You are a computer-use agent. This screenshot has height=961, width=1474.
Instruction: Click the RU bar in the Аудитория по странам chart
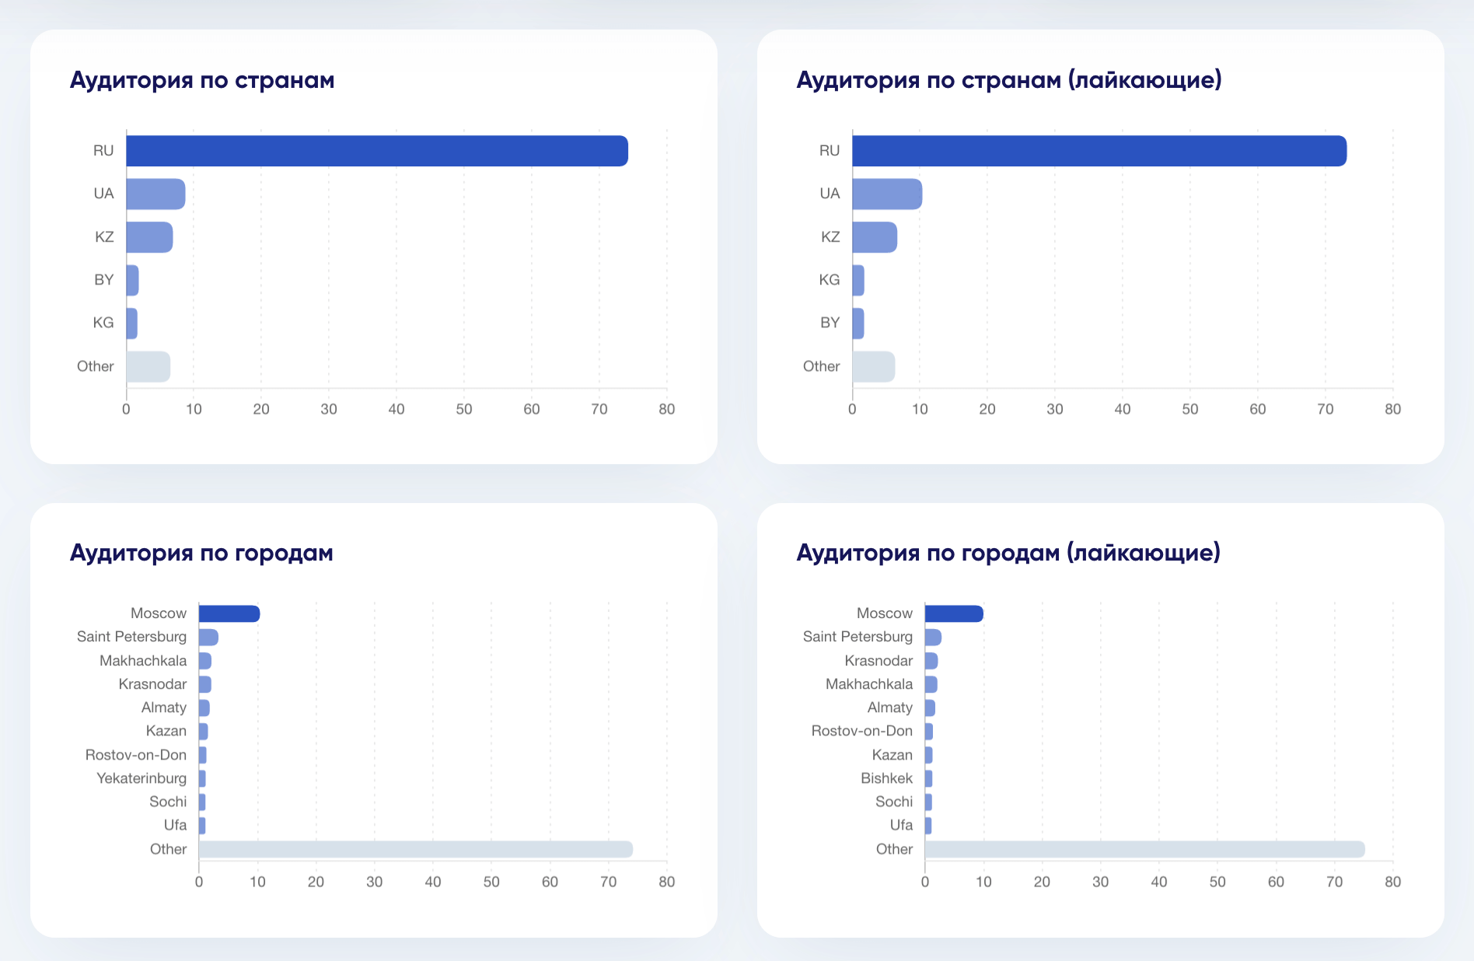point(376,151)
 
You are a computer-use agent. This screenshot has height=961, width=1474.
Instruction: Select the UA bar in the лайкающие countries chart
point(886,194)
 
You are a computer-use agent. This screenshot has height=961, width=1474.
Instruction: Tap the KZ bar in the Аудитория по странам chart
point(149,237)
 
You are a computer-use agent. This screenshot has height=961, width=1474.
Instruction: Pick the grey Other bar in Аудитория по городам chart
point(415,849)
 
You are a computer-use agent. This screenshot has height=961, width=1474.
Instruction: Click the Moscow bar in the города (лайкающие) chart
point(953,613)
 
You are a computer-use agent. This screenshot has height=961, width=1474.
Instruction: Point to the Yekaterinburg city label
point(141,778)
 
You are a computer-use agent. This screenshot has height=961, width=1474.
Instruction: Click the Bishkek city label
point(886,778)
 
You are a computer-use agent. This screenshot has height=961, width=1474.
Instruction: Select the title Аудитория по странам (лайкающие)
point(1008,80)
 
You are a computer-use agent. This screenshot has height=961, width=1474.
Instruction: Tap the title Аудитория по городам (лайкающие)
point(1008,553)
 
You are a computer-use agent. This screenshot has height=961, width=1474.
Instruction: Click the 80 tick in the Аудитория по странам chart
point(666,409)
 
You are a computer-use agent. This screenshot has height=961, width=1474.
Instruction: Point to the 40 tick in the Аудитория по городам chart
point(433,882)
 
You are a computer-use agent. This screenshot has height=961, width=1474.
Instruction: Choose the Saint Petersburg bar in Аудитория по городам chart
point(208,638)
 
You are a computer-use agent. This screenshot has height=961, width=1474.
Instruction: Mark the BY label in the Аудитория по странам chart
point(104,280)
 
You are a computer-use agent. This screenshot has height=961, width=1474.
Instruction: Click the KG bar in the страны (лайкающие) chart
point(858,280)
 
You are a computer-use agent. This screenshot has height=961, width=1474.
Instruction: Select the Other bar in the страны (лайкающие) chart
point(873,367)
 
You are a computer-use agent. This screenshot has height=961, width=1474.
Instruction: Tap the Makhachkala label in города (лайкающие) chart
point(868,684)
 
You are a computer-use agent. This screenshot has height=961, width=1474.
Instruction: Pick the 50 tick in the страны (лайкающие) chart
point(1189,409)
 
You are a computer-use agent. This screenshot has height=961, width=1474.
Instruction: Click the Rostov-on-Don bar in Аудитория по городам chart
point(203,755)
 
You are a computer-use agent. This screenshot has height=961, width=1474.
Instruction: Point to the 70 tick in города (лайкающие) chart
point(1334,882)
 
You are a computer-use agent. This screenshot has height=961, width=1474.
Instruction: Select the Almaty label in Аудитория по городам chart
point(163,708)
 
